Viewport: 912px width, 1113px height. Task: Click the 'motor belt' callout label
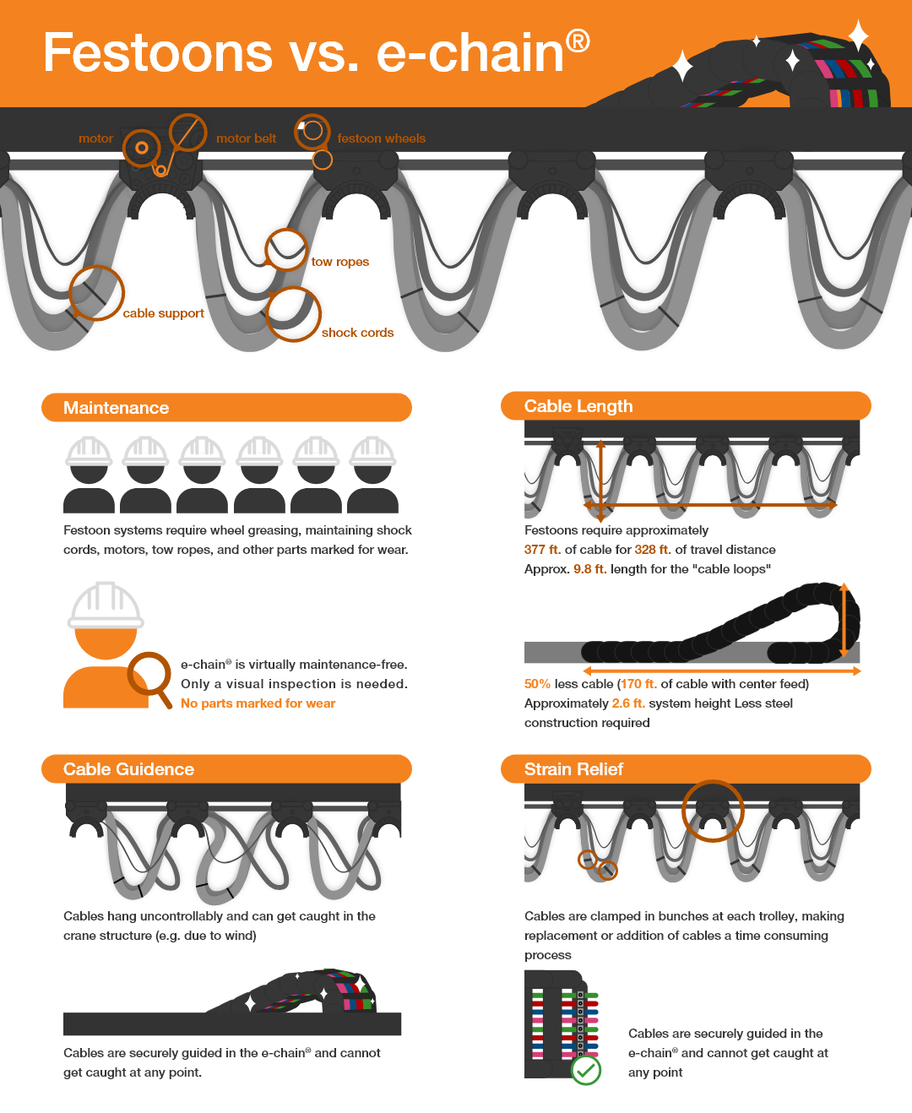point(246,138)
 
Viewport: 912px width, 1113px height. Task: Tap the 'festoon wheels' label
point(381,138)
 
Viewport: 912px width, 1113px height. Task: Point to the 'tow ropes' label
point(339,262)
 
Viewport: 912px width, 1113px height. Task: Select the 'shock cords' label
point(357,333)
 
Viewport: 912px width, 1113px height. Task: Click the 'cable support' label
point(163,313)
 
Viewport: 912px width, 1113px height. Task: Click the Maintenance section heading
point(117,408)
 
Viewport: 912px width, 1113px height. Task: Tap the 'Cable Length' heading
point(578,406)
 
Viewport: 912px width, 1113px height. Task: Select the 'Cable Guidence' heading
point(128,769)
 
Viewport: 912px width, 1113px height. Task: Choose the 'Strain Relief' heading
point(573,769)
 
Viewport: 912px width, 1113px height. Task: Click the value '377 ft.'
point(542,550)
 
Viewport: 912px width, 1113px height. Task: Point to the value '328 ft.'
point(652,550)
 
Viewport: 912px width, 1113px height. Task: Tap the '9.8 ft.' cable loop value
point(589,569)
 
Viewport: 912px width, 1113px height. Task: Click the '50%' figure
point(537,684)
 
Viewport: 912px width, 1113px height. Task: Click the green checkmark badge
point(586,1070)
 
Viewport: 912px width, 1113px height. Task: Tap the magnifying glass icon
point(149,676)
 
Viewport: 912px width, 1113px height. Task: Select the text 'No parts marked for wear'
point(258,703)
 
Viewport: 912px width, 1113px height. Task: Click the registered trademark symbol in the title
point(578,41)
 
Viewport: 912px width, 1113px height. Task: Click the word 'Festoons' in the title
point(158,52)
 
